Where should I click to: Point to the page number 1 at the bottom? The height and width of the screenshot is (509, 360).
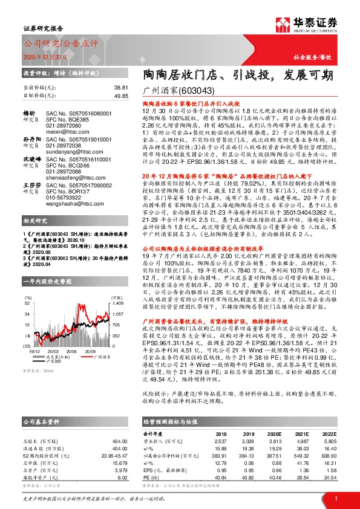click(336, 497)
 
